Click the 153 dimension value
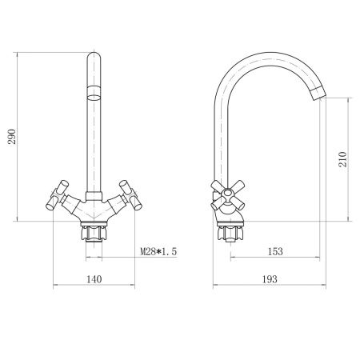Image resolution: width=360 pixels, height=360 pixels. coord(274,252)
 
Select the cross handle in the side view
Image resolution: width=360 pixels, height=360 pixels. coord(222,193)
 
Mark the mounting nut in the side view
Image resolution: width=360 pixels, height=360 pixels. coord(230,234)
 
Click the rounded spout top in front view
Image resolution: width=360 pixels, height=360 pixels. coord(94,59)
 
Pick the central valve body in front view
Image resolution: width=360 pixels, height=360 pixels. coord(94,210)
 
